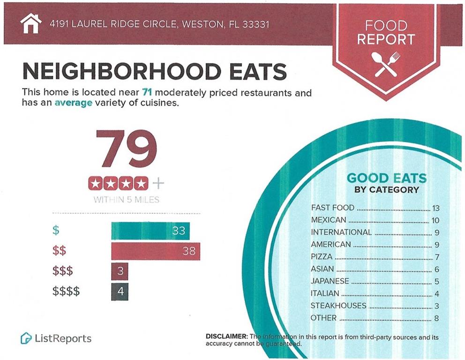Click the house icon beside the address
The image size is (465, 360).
point(31,24)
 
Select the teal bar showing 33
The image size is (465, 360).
point(150,231)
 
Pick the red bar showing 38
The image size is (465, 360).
point(155,251)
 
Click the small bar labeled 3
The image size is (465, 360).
point(120,271)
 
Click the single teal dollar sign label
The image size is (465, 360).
point(56,231)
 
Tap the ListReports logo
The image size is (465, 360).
point(56,338)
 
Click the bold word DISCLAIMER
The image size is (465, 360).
point(226,337)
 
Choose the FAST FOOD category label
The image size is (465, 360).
point(333,208)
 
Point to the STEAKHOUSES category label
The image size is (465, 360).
point(338,306)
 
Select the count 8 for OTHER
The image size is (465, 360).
point(436,318)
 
